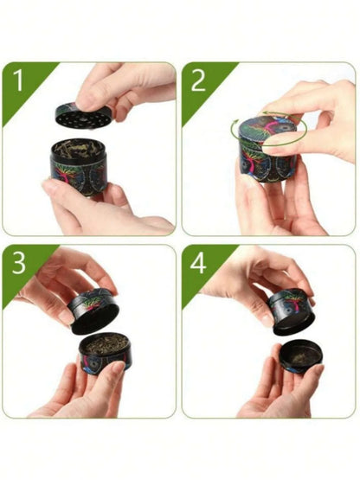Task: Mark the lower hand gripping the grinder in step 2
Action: tap(260, 203)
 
